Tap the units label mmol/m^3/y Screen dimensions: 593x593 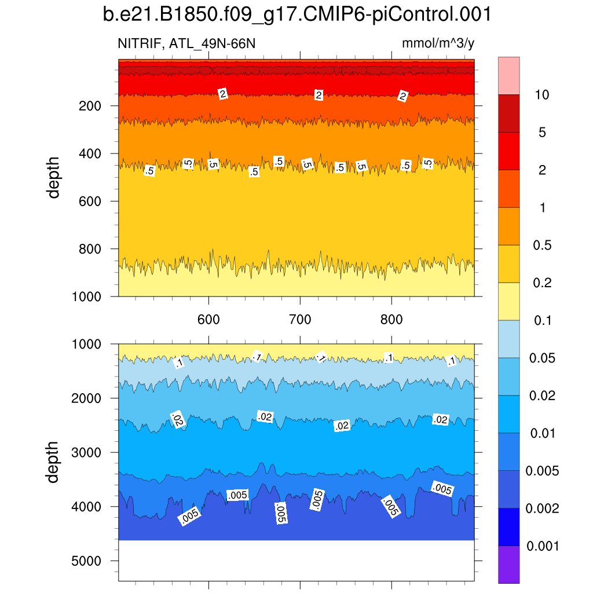pyautogui.click(x=438, y=44)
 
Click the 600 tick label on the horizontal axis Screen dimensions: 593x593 pyautogui.click(x=208, y=319)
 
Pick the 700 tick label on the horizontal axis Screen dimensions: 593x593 pyautogui.click(x=300, y=319)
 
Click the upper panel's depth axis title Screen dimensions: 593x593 pyautogui.click(x=54, y=178)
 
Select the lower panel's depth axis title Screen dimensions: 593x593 pyautogui.click(x=54, y=462)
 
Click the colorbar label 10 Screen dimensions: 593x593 pyautogui.click(x=542, y=95)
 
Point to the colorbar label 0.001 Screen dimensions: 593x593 pyautogui.click(x=543, y=546)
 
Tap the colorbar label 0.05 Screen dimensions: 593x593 pyautogui.click(x=543, y=358)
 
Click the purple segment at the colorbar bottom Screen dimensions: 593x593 pyautogui.click(x=508, y=565)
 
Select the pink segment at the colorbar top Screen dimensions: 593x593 pyautogui.click(x=508, y=75)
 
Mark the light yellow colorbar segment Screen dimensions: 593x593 pyautogui.click(x=508, y=301)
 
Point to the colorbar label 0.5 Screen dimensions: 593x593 pyautogui.click(x=543, y=246)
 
